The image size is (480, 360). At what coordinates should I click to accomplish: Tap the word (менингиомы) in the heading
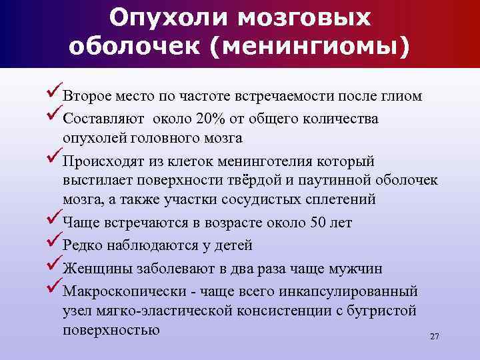click(326, 47)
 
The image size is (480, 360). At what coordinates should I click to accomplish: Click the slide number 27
click(435, 337)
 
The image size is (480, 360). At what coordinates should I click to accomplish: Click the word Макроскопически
click(117, 292)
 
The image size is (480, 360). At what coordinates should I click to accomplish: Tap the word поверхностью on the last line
click(111, 329)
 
